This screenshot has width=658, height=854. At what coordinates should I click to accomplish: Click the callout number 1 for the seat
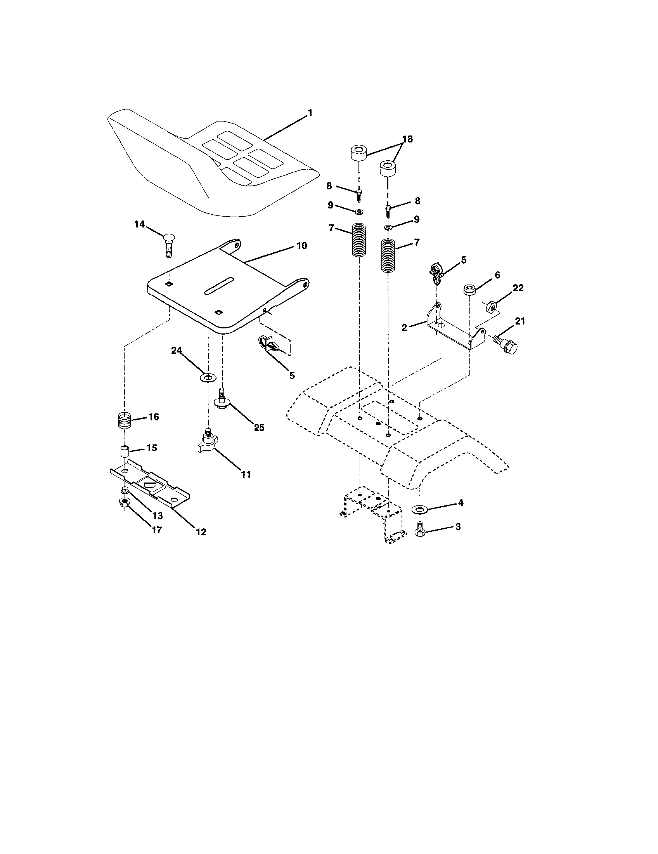(x=310, y=113)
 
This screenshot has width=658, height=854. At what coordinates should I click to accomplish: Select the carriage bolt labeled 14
(x=168, y=244)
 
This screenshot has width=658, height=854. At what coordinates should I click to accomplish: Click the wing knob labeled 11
(x=207, y=444)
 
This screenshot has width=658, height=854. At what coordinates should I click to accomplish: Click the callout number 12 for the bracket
(x=201, y=532)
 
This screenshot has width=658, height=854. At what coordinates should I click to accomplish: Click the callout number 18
(x=407, y=139)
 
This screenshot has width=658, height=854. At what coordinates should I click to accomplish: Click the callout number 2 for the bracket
(x=404, y=328)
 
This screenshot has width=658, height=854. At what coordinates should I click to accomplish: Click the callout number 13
(x=158, y=516)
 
